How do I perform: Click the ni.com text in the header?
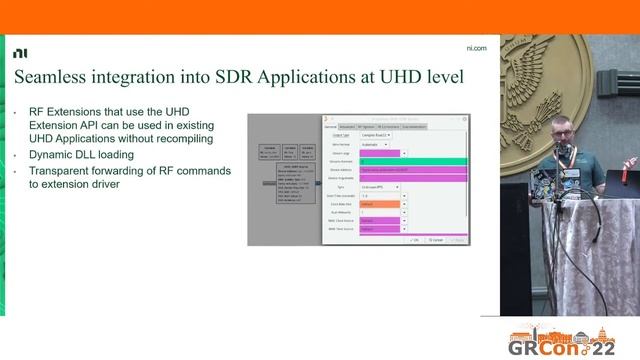(476, 48)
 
